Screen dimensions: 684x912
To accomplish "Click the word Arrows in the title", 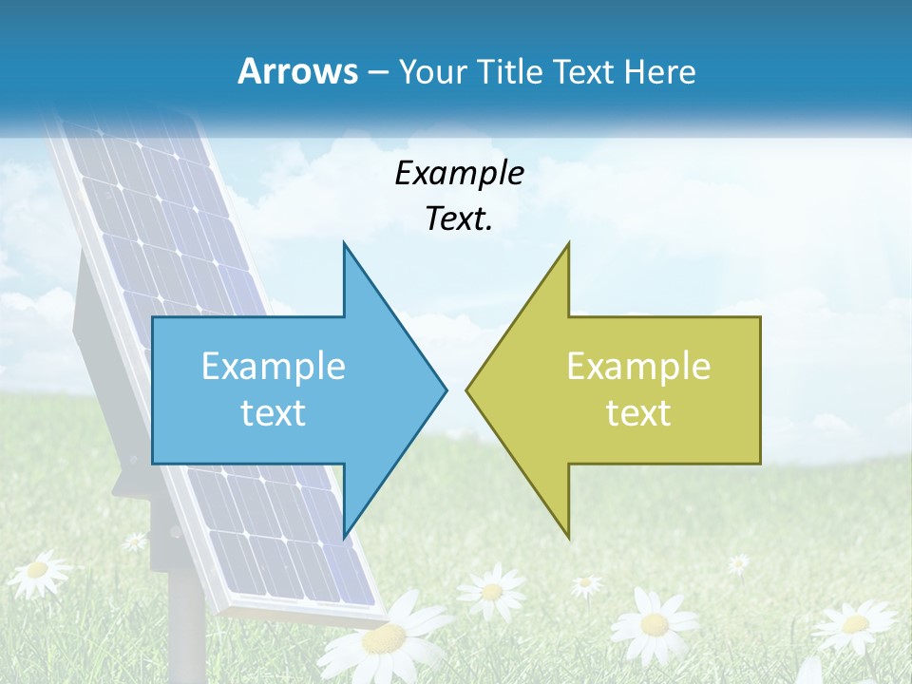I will [297, 71].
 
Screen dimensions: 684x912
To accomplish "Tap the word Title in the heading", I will [516, 71].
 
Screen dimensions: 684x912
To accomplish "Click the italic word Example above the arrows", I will [460, 173].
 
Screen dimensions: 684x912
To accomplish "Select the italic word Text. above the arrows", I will [460, 218].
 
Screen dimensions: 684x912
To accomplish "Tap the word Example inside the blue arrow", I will [274, 367].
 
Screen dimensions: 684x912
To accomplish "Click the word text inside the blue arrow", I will [274, 412].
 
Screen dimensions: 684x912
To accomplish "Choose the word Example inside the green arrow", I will [638, 367].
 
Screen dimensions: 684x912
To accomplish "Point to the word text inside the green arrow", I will [638, 412].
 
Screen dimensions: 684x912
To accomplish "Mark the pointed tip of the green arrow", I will [467, 389].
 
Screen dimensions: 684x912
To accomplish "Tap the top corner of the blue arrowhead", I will [344, 244].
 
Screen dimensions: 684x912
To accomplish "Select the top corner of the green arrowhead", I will [568, 244].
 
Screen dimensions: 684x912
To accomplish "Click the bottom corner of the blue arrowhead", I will [344, 537].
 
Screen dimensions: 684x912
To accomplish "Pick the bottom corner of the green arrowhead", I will [568, 537].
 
